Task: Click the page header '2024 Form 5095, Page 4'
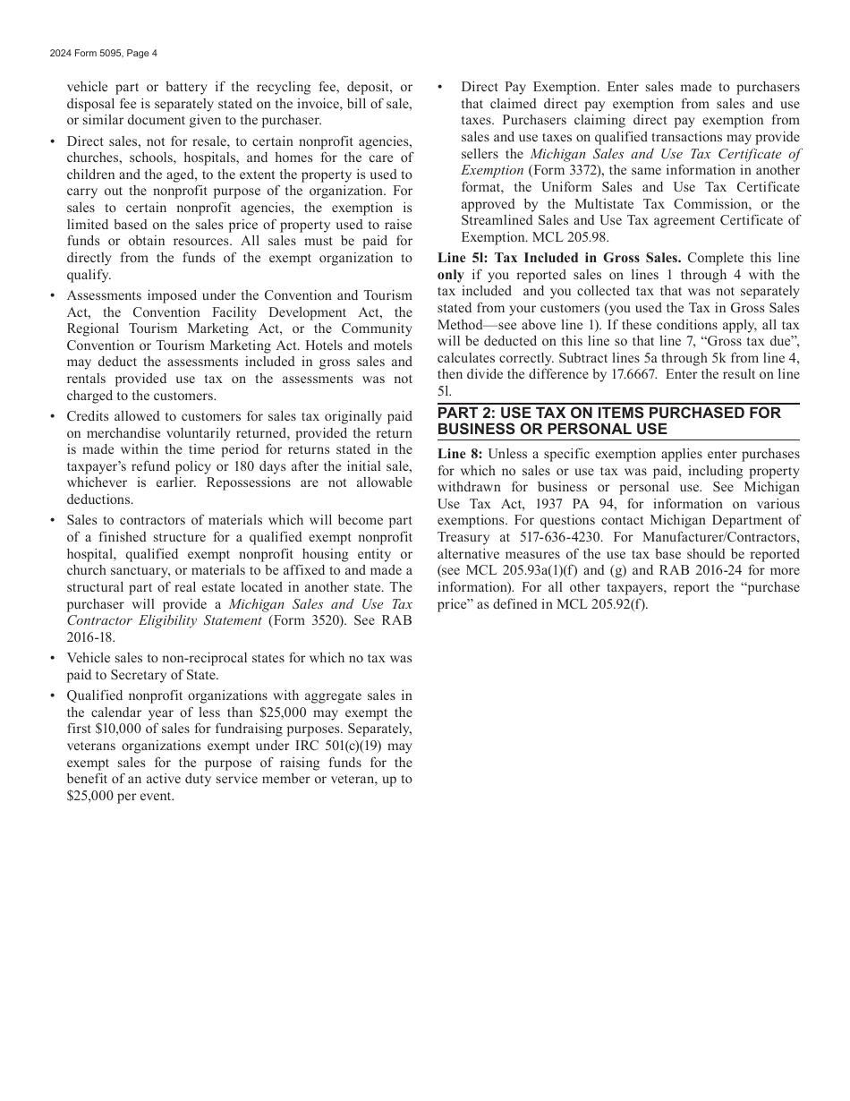(x=104, y=54)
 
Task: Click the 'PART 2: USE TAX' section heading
(x=608, y=421)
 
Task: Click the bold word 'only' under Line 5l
(x=450, y=276)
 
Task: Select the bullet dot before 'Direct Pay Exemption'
(x=441, y=88)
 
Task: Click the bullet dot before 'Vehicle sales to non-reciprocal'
(x=53, y=659)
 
